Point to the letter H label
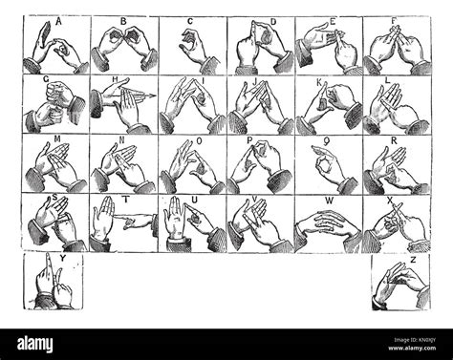114,81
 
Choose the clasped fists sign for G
56,105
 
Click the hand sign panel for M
56,164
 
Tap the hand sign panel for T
124,223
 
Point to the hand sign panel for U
192,223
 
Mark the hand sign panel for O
192,164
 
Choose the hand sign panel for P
260,164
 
